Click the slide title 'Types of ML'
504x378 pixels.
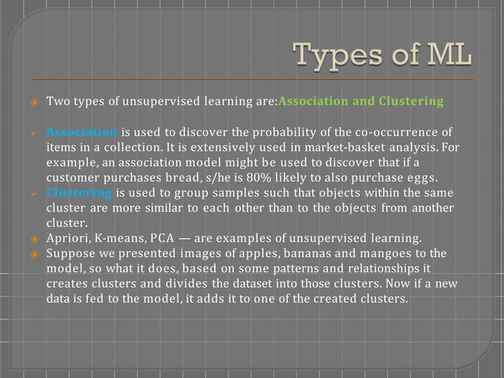point(383,58)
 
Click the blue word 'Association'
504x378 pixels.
point(82,131)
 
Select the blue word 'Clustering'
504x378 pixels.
point(79,192)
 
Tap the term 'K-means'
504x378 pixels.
point(141,238)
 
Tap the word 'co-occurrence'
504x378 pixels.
point(397,131)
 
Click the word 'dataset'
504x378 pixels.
point(252,283)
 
